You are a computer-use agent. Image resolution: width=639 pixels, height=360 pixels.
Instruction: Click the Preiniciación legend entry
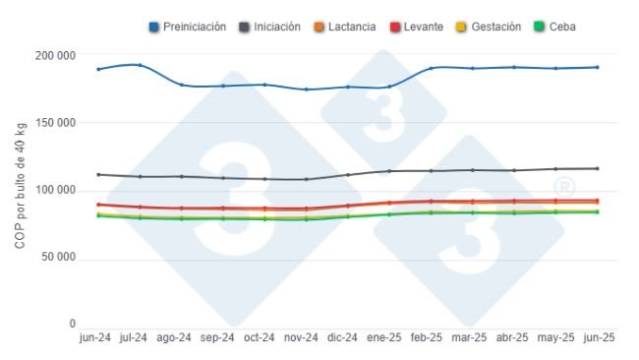coord(188,27)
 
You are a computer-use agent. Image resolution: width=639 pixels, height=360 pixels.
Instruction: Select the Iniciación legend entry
coord(270,27)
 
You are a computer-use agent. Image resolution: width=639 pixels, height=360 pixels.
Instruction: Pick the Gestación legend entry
coord(489,27)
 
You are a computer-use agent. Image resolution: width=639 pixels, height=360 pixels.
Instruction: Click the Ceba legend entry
coord(554,27)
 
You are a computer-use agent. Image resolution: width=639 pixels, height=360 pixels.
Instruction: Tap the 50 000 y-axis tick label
coord(59,258)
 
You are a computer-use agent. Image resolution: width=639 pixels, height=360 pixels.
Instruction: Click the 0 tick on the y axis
coord(72,324)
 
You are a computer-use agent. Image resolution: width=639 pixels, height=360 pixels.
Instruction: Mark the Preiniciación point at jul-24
coord(140,66)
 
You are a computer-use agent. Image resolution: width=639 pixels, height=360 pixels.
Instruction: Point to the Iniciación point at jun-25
coord(597,168)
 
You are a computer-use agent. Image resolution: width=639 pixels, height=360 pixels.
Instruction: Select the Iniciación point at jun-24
coord(98,174)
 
